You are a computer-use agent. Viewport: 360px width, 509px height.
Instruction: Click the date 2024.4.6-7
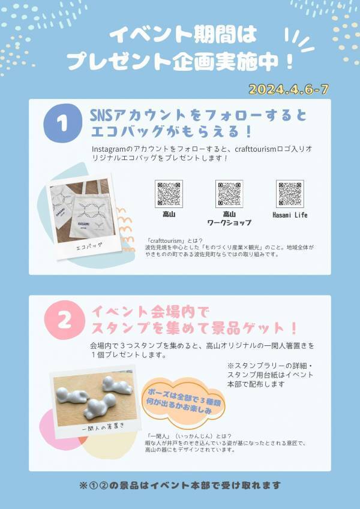coord(288,89)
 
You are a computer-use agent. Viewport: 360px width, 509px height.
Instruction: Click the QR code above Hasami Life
coord(289,194)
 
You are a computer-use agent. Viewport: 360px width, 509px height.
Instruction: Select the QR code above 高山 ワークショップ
coord(229,194)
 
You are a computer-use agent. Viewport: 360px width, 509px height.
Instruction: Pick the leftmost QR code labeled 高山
coord(169,194)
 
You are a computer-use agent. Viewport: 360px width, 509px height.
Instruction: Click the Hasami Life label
coord(289,215)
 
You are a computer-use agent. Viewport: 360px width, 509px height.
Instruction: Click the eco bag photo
coord(80,209)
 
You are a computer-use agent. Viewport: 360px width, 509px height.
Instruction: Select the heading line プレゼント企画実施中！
coord(180,61)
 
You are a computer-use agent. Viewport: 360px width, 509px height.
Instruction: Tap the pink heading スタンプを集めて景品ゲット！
coord(194,329)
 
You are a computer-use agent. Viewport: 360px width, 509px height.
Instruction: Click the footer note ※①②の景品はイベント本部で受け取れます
coord(180,485)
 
